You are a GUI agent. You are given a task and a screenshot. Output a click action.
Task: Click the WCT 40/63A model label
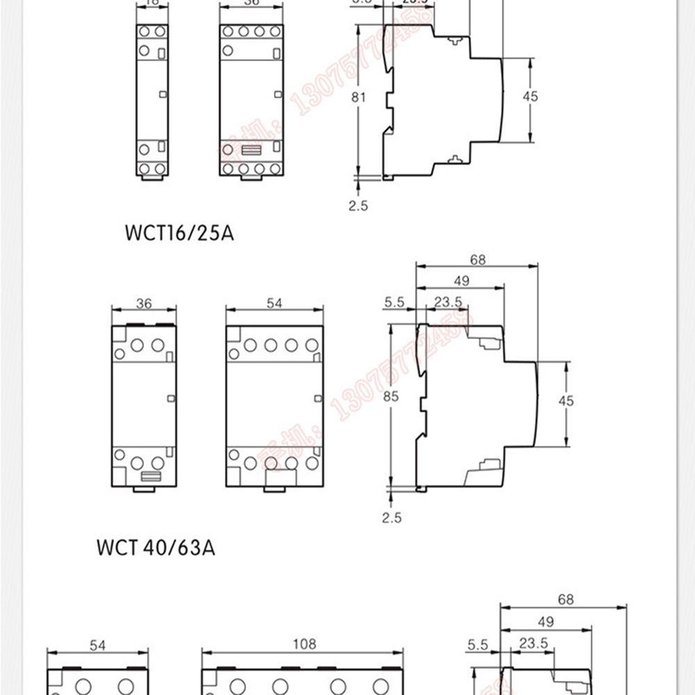(155, 548)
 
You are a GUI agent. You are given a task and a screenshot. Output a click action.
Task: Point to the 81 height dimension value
(358, 97)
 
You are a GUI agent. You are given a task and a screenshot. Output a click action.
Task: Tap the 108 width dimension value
(303, 644)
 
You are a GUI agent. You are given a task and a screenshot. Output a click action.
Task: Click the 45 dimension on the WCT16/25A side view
(530, 97)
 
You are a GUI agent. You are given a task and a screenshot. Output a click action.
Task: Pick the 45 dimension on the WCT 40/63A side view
(566, 401)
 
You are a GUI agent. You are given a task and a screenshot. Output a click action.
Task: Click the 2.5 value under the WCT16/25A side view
(358, 205)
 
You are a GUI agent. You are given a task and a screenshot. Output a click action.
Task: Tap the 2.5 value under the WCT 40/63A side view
(391, 517)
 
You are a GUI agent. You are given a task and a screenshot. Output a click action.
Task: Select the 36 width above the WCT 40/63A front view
(144, 304)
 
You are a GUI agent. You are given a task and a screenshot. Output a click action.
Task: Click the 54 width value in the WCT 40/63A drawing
(275, 304)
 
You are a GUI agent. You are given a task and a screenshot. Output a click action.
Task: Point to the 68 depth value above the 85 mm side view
(477, 261)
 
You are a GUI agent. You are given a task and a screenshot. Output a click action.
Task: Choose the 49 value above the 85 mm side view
(460, 281)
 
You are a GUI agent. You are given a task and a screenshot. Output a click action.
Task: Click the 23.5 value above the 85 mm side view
(448, 302)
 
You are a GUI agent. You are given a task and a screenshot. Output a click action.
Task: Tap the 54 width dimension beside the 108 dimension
(97, 646)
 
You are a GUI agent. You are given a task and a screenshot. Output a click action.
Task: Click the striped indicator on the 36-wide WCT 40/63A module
(150, 476)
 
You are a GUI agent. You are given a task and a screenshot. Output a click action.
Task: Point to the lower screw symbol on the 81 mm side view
(455, 160)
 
